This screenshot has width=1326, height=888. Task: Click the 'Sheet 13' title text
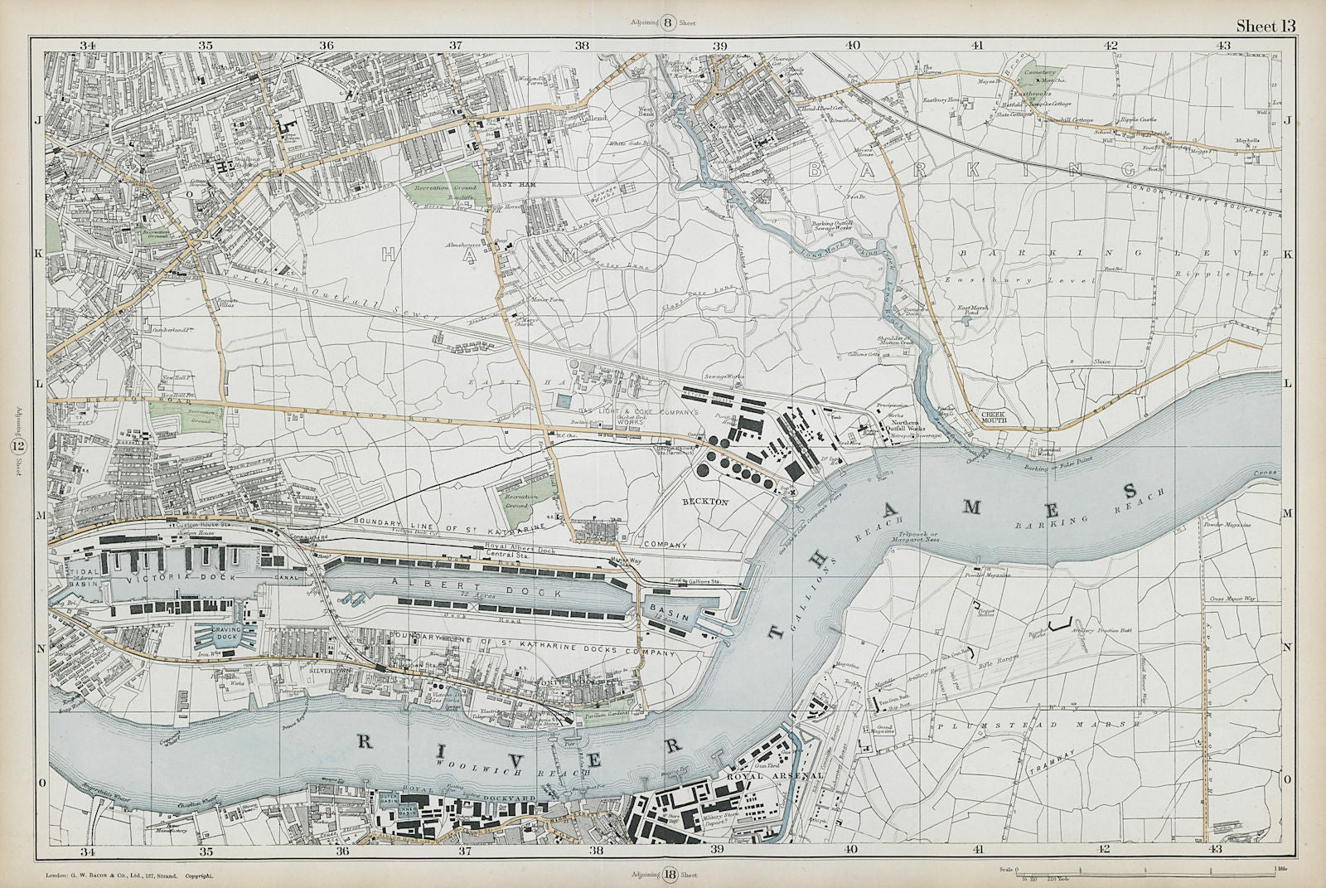click(x=1265, y=25)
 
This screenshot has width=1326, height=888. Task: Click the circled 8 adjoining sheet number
click(x=668, y=22)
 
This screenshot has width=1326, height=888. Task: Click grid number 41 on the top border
click(x=979, y=45)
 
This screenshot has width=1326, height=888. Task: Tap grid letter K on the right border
click(x=1287, y=255)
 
